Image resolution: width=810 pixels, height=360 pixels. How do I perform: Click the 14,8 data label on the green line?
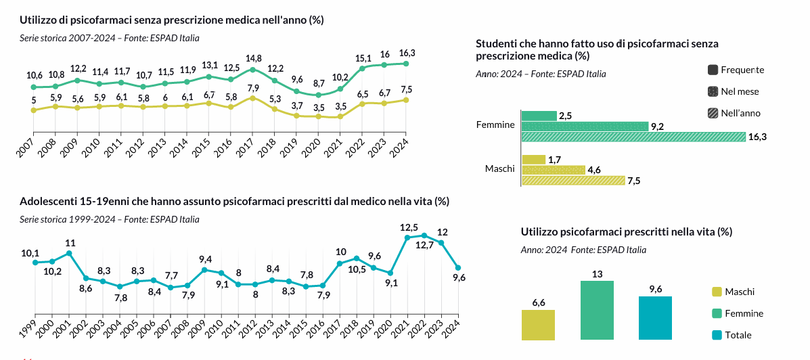[x=254, y=58]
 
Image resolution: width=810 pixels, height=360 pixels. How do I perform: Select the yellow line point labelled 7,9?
[x=252, y=98]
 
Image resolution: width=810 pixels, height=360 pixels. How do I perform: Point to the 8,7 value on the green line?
[x=318, y=83]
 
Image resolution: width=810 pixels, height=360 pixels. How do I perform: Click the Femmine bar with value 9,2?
[x=585, y=126]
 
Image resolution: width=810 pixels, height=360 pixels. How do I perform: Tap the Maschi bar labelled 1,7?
[x=533, y=160]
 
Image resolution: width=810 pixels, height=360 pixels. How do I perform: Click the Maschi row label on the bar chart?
[x=499, y=168]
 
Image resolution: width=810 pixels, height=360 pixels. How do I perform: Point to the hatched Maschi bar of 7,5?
[x=573, y=181]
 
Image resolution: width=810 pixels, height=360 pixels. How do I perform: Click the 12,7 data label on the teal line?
[x=424, y=245]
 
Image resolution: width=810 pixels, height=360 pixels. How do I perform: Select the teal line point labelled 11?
[x=69, y=254]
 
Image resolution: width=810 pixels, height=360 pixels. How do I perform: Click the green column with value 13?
[x=597, y=310]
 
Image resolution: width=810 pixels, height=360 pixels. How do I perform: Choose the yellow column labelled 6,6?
[x=538, y=325]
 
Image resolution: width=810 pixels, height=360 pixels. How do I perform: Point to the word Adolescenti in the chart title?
[x=47, y=202]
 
